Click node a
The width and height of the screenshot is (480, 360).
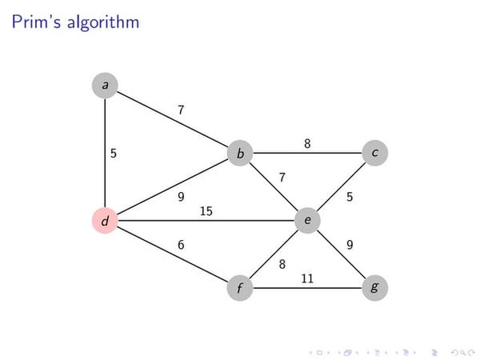coord(105,86)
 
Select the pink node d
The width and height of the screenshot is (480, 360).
coord(105,221)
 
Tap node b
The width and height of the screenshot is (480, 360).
coord(240,153)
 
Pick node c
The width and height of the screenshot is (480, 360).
coord(374,153)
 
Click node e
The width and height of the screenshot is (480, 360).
coord(307,221)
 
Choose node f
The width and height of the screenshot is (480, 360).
coord(240,288)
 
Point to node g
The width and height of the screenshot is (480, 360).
coord(374,288)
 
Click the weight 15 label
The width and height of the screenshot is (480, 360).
coord(206,211)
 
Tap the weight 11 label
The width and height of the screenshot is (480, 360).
coord(307,278)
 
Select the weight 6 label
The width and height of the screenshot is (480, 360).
coord(181,245)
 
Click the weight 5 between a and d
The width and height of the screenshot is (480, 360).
coord(114,153)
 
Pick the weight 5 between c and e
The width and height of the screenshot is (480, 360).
coord(350,197)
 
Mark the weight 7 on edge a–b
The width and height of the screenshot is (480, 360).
coord(181,110)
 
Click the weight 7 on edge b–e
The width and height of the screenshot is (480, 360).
coord(282,178)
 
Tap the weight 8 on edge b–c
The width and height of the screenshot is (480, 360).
coord(307,143)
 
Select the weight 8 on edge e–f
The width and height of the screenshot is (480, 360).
coord(282,264)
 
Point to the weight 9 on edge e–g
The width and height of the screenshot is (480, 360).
coord(350,245)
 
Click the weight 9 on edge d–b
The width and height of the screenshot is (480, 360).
coord(181,197)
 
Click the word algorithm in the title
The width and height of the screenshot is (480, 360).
coord(103,22)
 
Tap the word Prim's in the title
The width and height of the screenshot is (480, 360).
coord(37,22)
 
